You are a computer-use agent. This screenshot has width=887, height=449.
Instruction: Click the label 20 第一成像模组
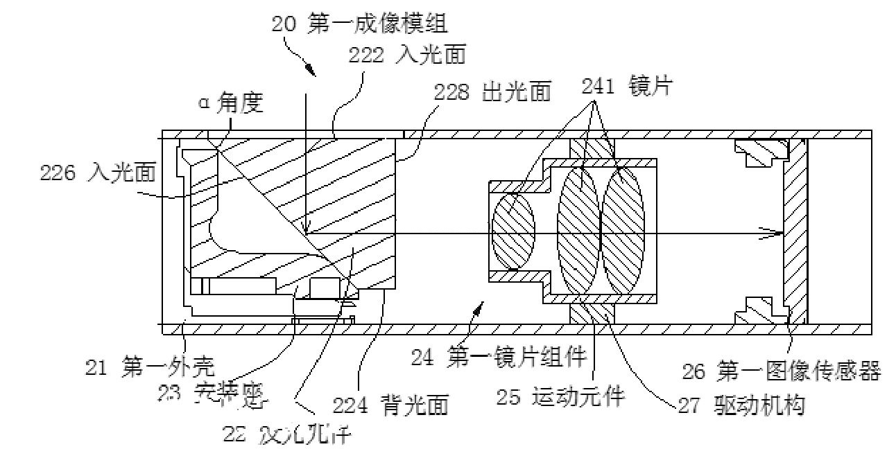(x=359, y=24)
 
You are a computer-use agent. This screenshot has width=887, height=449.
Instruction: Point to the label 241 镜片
(x=628, y=87)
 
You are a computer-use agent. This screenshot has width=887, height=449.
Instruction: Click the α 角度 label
(x=231, y=103)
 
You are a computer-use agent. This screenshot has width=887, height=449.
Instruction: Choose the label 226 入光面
(x=97, y=173)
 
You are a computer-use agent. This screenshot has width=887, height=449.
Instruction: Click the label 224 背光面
(x=390, y=403)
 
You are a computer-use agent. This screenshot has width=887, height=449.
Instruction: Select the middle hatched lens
(x=578, y=231)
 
